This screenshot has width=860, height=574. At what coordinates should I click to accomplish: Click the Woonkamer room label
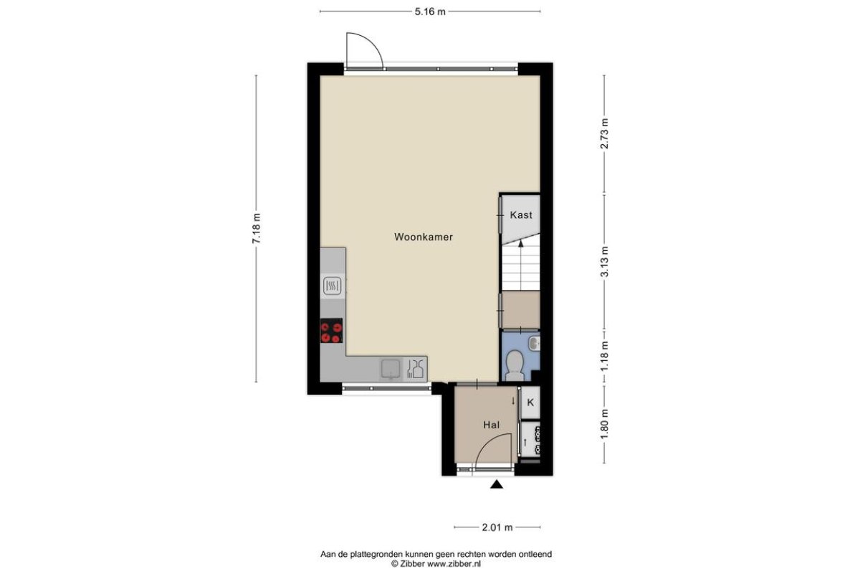424,237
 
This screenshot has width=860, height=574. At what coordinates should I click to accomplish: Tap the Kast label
521,215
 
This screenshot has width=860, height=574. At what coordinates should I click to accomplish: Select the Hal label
492,425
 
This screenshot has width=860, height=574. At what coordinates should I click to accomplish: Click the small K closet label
530,403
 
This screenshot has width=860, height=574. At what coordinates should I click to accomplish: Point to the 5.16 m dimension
430,12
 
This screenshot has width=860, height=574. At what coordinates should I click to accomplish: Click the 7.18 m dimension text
257,228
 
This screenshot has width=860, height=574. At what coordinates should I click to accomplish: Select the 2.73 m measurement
605,133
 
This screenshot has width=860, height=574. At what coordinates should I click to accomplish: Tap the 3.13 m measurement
605,261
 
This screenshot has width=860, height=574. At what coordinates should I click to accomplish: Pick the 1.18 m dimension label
605,356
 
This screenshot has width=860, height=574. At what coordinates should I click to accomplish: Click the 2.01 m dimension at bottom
497,527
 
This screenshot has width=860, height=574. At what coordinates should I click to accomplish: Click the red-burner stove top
331,331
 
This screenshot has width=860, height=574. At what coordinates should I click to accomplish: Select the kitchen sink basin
391,370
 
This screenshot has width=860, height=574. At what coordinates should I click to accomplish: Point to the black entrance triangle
497,484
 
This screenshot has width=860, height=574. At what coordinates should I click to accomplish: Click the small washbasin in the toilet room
534,343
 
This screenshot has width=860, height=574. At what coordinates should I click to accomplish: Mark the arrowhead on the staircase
520,243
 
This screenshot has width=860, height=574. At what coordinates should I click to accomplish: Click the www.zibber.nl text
454,564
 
